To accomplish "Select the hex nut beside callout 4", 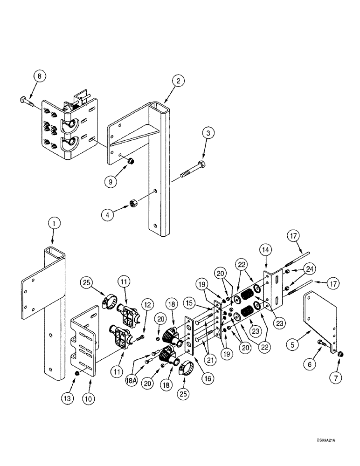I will (x=132, y=206).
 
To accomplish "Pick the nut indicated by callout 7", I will (x=339, y=355).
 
